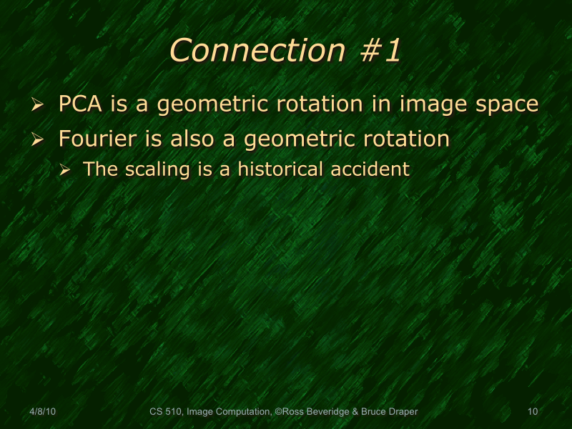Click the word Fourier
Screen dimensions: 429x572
pyautogui.click(x=92, y=138)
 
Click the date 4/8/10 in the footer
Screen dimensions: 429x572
pyautogui.click(x=43, y=412)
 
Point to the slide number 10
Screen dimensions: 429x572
pyautogui.click(x=532, y=412)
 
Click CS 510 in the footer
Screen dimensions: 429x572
pyautogui.click(x=164, y=412)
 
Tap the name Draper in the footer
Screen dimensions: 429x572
pyautogui.click(x=403, y=412)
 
